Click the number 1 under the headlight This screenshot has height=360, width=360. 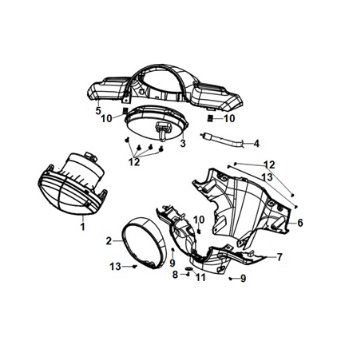pos(82,227)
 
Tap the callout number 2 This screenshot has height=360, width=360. pos(109,241)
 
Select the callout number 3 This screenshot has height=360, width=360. pos(183,144)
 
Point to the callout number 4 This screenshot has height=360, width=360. pos(256,143)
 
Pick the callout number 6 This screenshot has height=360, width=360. pos(300,222)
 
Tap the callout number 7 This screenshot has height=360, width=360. pos(279,257)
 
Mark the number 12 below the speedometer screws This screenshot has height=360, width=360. pos(134,162)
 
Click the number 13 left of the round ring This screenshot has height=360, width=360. pos(117,266)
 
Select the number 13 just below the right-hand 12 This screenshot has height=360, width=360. pos(266,176)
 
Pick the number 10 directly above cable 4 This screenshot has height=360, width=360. pos(229,118)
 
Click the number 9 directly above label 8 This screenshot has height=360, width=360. pos(173,263)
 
